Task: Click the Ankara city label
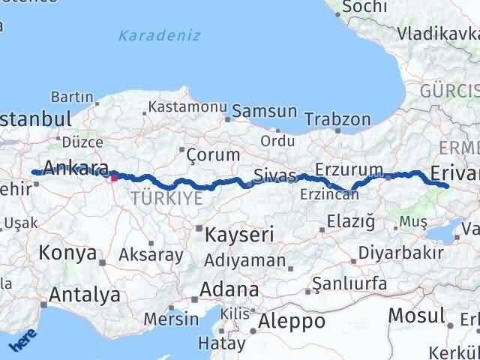coord(76,167)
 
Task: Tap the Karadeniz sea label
coord(148,34)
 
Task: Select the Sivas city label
coord(275,175)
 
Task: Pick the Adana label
coord(229,289)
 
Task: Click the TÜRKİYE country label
coord(166,198)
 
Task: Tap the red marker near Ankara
coord(114,178)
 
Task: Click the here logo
coord(22,341)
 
